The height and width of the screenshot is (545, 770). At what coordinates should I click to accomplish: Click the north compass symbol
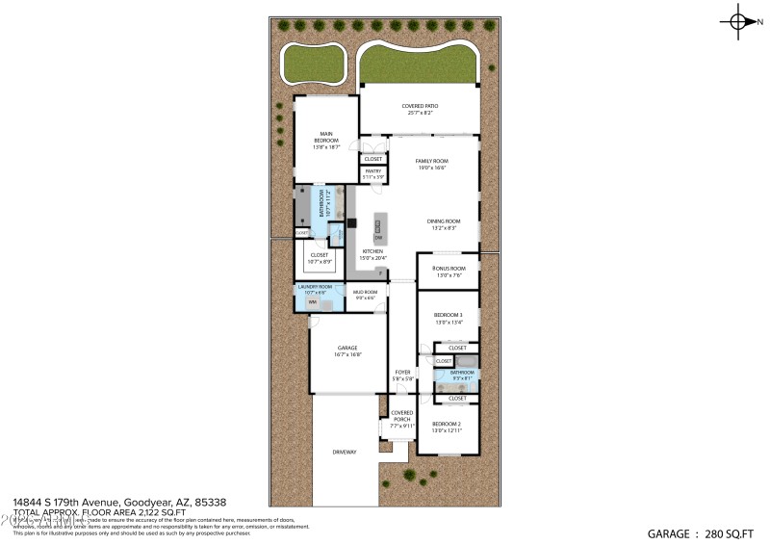(740, 20)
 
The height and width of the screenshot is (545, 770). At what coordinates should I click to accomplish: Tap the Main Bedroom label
(326, 138)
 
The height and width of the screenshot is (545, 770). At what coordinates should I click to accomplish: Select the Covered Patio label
(418, 106)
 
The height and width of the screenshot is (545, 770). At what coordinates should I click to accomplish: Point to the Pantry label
(372, 171)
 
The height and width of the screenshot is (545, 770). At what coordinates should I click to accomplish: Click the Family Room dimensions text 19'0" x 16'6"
(431, 169)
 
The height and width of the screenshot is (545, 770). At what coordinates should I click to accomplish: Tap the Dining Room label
(444, 221)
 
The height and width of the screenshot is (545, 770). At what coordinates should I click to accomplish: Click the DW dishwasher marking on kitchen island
(378, 237)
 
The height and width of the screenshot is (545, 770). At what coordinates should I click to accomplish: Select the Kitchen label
(372, 251)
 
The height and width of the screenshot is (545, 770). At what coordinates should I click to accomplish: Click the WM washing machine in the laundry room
(312, 302)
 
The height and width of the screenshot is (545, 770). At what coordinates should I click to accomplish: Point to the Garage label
(347, 348)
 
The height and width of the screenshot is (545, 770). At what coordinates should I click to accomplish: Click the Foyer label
(402, 372)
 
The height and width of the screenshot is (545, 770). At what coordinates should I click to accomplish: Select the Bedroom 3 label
(448, 315)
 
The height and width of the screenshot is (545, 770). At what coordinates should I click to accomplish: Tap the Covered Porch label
(401, 415)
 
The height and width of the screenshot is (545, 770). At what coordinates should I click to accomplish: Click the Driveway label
(345, 452)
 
